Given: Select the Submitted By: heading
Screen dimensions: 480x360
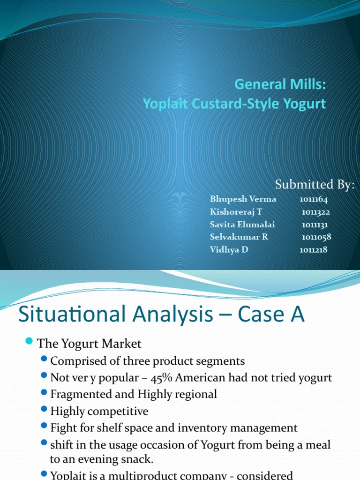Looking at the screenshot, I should click(x=315, y=185).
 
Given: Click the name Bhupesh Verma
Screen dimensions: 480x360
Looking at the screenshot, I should click(x=243, y=199).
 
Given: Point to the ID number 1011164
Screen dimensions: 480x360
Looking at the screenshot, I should click(x=314, y=199).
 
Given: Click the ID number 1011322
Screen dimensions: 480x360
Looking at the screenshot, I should click(x=316, y=212).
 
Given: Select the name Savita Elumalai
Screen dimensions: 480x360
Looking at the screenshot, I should click(x=242, y=225).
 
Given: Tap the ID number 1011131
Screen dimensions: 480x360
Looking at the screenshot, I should click(x=315, y=225).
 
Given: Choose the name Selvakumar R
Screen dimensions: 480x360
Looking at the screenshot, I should click(x=239, y=237).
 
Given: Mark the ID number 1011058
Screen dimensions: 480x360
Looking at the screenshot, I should click(x=316, y=237).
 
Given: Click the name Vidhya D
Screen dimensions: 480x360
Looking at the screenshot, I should click(x=229, y=249).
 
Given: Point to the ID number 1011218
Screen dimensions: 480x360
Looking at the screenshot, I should click(x=314, y=249).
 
